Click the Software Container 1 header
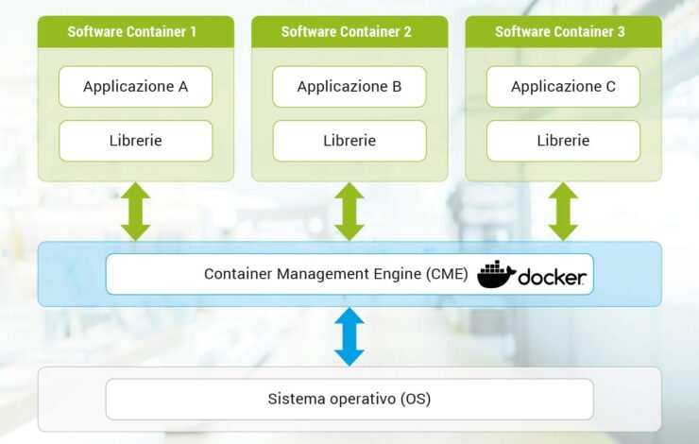pyautogui.click(x=132, y=31)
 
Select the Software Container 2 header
pyautogui.click(x=347, y=31)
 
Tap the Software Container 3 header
pyautogui.click(x=560, y=31)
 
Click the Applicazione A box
pyautogui.click(x=135, y=87)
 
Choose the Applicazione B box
pyautogui.click(x=349, y=87)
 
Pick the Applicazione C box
pyautogui.click(x=563, y=87)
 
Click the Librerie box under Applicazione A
pyautogui.click(x=135, y=141)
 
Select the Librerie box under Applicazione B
pyautogui.click(x=349, y=141)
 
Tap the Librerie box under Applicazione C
pyautogui.click(x=563, y=141)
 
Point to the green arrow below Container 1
pyautogui.click(x=135, y=212)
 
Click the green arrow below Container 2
pyautogui.click(x=349, y=212)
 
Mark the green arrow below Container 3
pyautogui.click(x=563, y=212)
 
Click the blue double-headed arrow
pyautogui.click(x=349, y=336)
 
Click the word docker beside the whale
pyautogui.click(x=552, y=277)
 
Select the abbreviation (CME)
pyautogui.click(x=444, y=274)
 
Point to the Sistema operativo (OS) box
pyautogui.click(x=349, y=399)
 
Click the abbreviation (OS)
pyautogui.click(x=413, y=399)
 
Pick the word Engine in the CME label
pyautogui.click(x=384, y=274)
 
